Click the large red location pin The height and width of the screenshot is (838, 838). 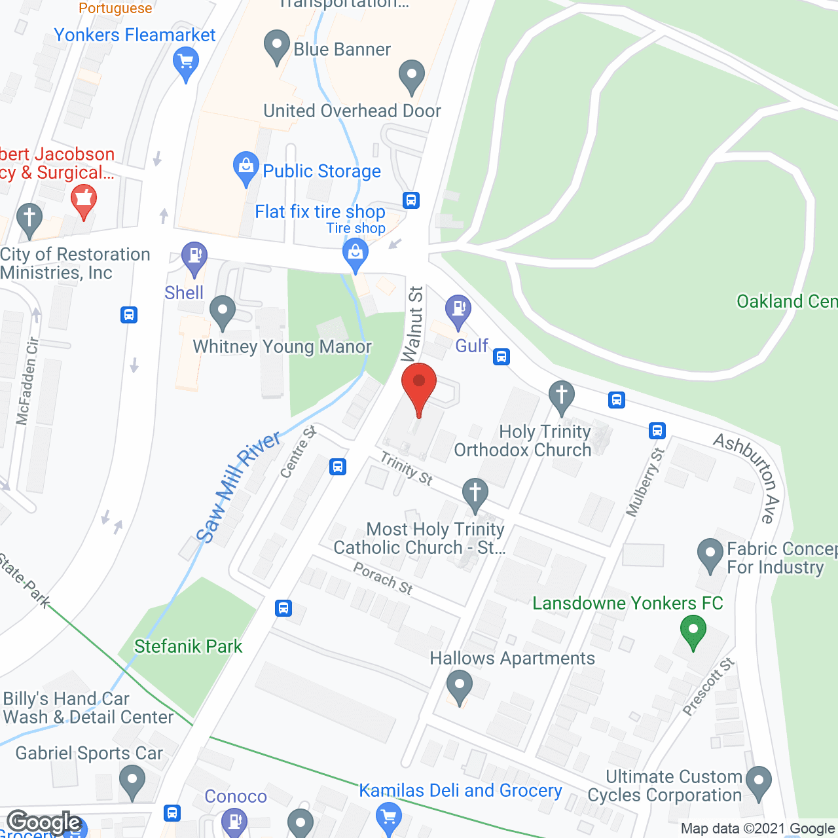pos(418,386)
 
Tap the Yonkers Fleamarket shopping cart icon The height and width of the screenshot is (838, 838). pos(186,64)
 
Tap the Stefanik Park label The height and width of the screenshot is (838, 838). pos(188,646)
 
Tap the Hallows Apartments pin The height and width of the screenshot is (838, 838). pos(459,687)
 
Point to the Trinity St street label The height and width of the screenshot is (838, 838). pos(407,469)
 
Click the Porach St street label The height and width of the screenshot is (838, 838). pos(383,579)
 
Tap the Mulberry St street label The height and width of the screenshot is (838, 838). pos(645,482)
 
